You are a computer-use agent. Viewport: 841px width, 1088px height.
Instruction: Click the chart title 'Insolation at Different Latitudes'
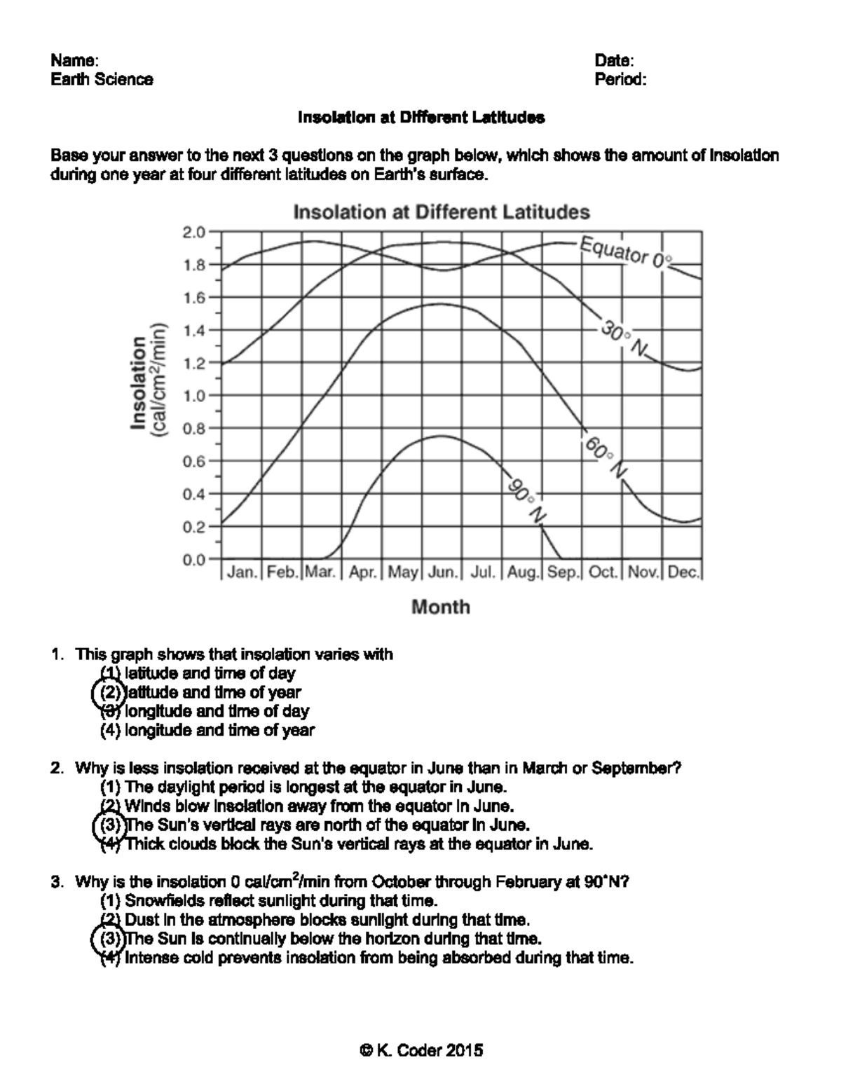coord(441,212)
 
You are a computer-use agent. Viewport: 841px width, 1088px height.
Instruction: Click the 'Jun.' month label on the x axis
coord(442,572)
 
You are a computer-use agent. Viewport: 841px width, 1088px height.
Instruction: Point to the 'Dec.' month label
coord(683,572)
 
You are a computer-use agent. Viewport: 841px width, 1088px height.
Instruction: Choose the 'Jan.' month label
coord(242,572)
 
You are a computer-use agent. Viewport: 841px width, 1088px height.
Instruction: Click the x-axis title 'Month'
coord(441,607)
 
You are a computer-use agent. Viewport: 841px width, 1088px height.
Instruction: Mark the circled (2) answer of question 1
coord(109,692)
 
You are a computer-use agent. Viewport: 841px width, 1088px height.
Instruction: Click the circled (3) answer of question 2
coord(109,825)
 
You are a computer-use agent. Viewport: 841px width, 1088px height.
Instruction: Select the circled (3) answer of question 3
coord(109,938)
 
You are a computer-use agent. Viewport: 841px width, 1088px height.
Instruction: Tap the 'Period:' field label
coord(620,79)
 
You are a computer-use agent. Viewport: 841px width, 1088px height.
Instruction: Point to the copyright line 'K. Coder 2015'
coord(420,1050)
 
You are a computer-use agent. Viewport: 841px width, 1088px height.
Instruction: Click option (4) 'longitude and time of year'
coord(208,730)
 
